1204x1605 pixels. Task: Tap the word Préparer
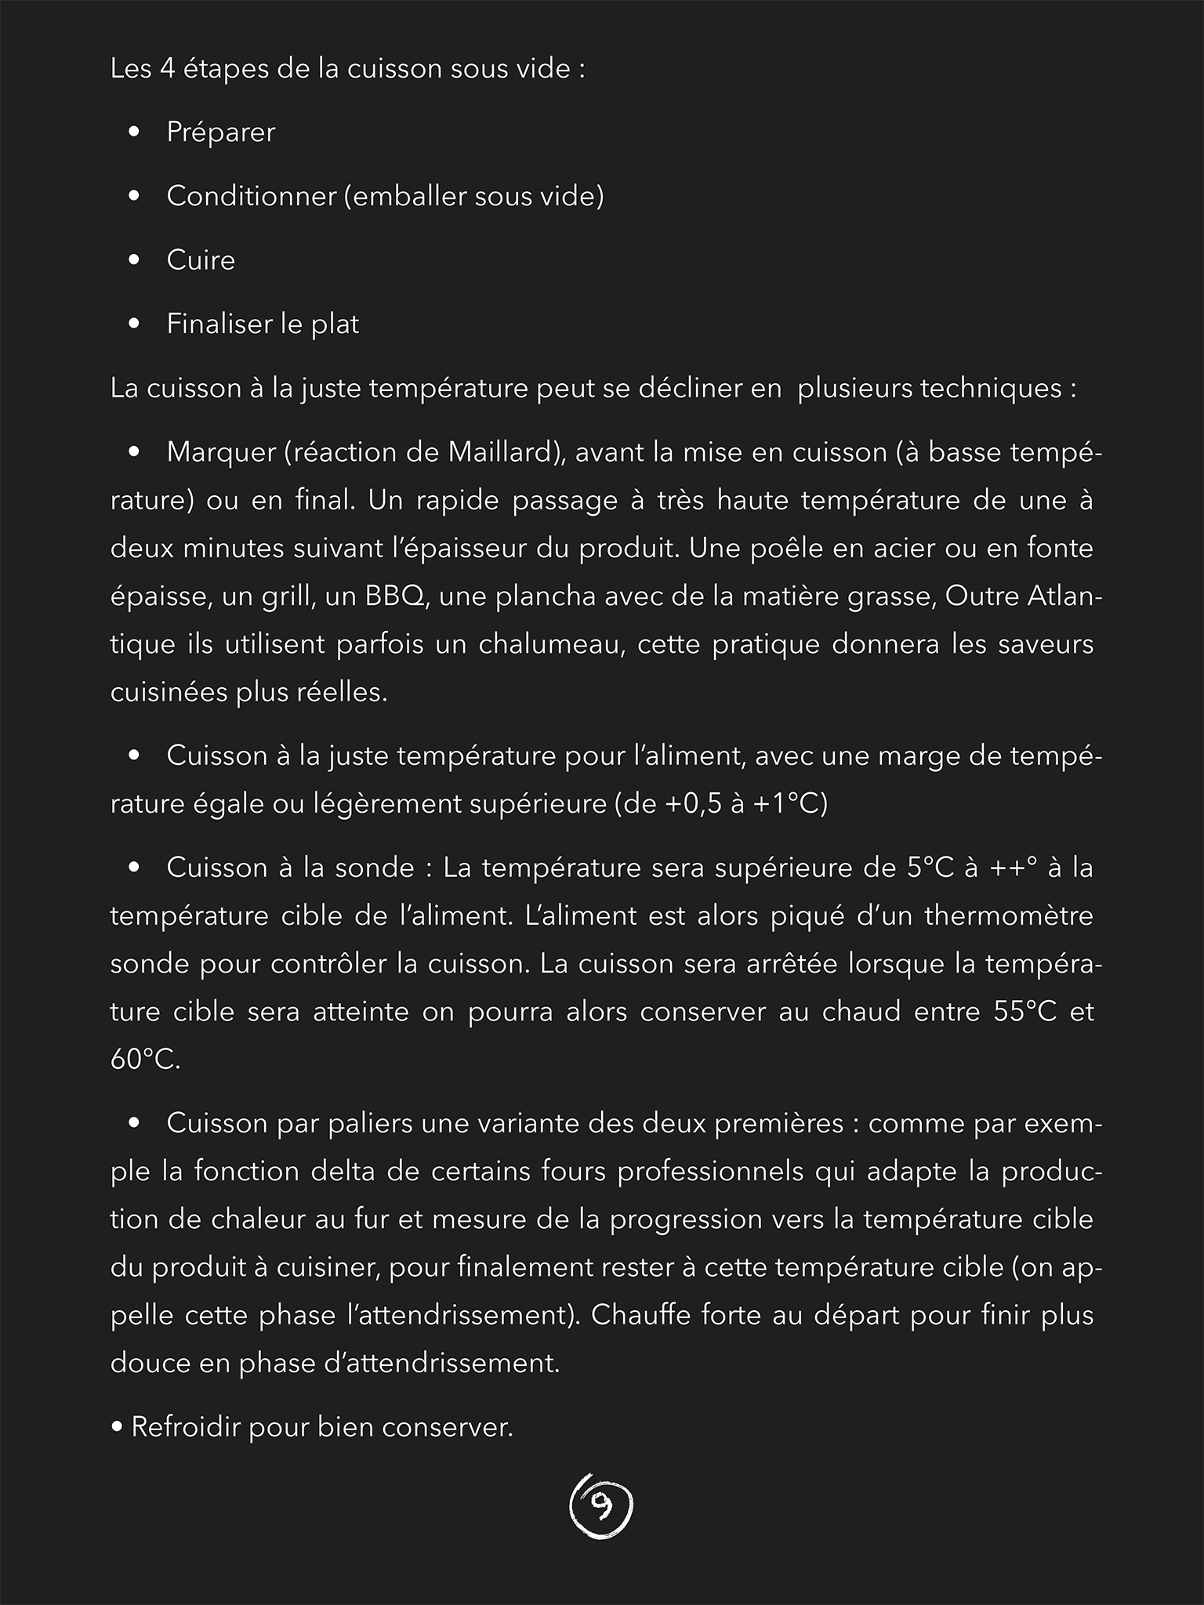(220, 132)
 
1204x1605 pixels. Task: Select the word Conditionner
(250, 196)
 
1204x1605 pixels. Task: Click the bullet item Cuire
(201, 260)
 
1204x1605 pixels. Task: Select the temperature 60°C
(145, 1060)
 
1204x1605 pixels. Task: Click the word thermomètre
(1009, 915)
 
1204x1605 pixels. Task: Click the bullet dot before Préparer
(134, 132)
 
